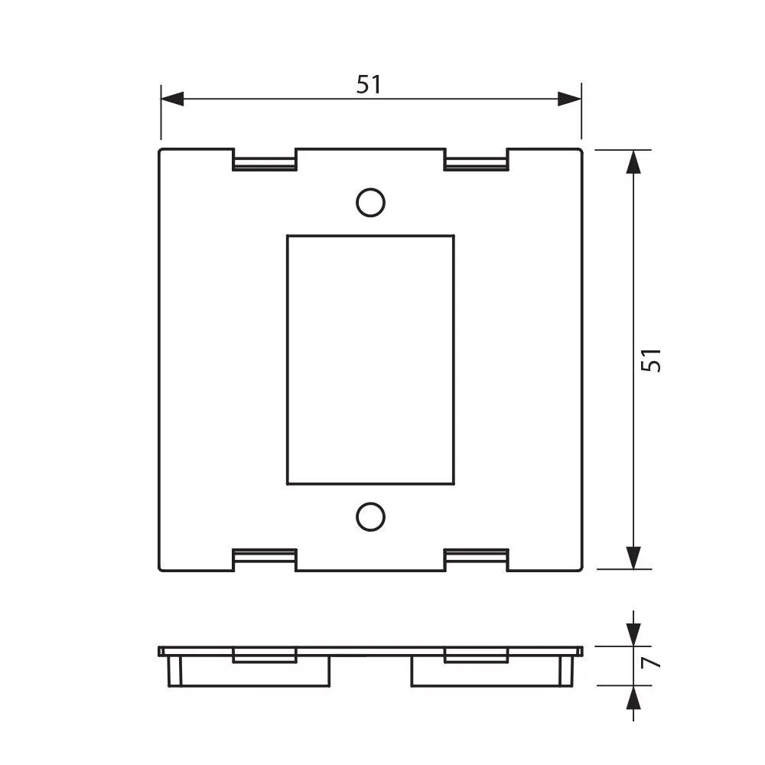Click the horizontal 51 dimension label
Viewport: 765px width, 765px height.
click(x=369, y=84)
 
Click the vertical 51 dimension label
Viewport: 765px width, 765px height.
click(x=650, y=360)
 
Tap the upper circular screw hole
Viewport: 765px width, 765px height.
click(x=370, y=202)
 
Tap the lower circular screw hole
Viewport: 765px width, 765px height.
click(x=370, y=517)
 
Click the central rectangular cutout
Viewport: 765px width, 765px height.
click(x=370, y=360)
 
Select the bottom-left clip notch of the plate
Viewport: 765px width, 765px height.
click(x=264, y=559)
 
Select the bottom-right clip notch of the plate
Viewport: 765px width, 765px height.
click(x=476, y=559)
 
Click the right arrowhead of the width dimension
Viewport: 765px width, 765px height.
click(x=569, y=99)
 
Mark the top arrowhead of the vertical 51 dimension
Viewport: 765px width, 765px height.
click(x=633, y=162)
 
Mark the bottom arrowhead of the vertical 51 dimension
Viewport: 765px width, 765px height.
click(x=633, y=557)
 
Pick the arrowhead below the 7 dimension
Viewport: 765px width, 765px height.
click(x=633, y=698)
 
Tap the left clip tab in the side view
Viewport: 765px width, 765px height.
click(x=264, y=656)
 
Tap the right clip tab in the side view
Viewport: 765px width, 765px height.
click(x=476, y=656)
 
